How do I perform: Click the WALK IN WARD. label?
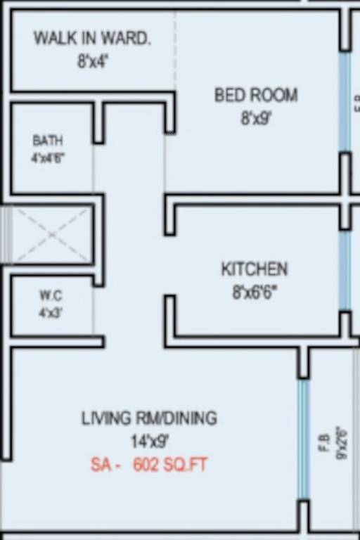(92, 38)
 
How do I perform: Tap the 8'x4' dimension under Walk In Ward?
(93, 61)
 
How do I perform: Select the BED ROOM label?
(256, 95)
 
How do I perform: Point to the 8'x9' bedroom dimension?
(256, 117)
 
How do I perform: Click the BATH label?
(48, 141)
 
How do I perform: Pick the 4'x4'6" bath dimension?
(48, 157)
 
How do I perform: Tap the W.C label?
(50, 296)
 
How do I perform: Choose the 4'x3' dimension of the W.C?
(50, 312)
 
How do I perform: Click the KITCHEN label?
(255, 269)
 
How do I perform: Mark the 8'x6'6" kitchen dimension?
(255, 291)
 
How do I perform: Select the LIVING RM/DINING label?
(149, 418)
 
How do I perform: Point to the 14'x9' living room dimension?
(149, 442)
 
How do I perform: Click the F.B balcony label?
(325, 443)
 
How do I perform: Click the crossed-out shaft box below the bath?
(51, 234)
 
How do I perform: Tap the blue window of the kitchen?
(345, 269)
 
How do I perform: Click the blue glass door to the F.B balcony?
(304, 439)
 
